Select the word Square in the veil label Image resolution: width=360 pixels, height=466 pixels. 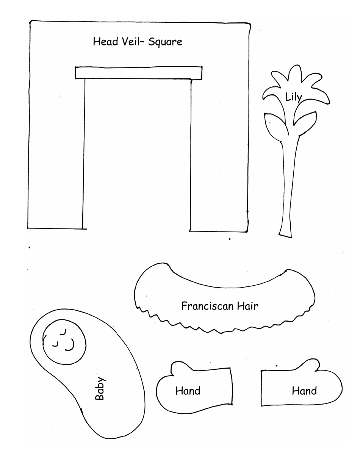point(165,42)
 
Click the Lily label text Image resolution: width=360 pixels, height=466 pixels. point(293,98)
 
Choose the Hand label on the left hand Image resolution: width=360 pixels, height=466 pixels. point(188,391)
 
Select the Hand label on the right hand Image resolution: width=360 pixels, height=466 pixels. point(304,391)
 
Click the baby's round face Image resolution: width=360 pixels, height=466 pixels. point(64,339)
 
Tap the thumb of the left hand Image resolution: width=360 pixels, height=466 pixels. point(179,368)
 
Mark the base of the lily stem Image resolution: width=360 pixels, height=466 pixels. point(285,232)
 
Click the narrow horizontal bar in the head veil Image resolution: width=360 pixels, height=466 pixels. point(138,72)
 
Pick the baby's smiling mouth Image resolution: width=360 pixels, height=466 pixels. point(70,344)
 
